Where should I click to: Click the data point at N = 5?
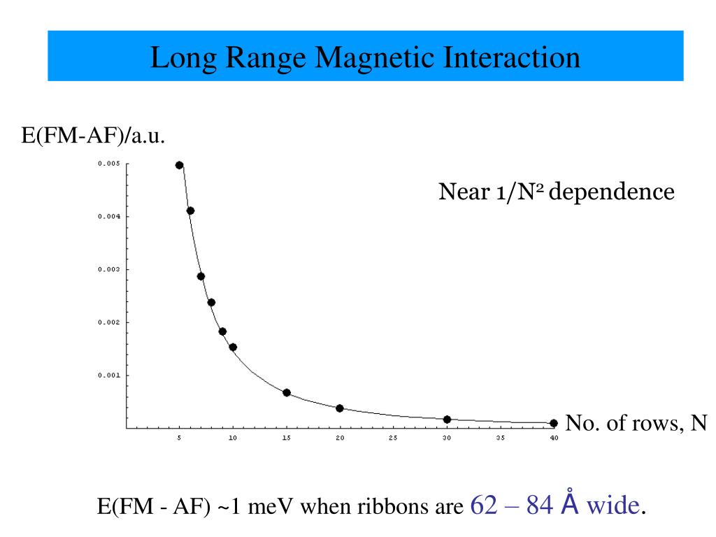click(x=180, y=165)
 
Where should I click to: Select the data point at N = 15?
click(x=287, y=392)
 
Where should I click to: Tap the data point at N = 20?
click(x=340, y=408)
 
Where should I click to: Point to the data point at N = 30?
click(x=447, y=420)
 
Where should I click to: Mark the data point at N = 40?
click(x=554, y=423)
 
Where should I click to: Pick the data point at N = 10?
click(x=233, y=347)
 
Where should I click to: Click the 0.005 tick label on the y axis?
click(x=109, y=164)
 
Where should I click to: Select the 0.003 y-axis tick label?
click(x=109, y=269)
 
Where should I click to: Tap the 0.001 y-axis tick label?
click(x=109, y=375)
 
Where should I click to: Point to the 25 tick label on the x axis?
click(x=393, y=438)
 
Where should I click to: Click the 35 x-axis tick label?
click(x=500, y=438)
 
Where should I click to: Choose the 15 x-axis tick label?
click(x=287, y=438)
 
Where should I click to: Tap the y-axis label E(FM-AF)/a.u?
click(x=93, y=136)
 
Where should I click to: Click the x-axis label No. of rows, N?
click(x=636, y=422)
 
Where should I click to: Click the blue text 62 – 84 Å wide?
click(x=556, y=504)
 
